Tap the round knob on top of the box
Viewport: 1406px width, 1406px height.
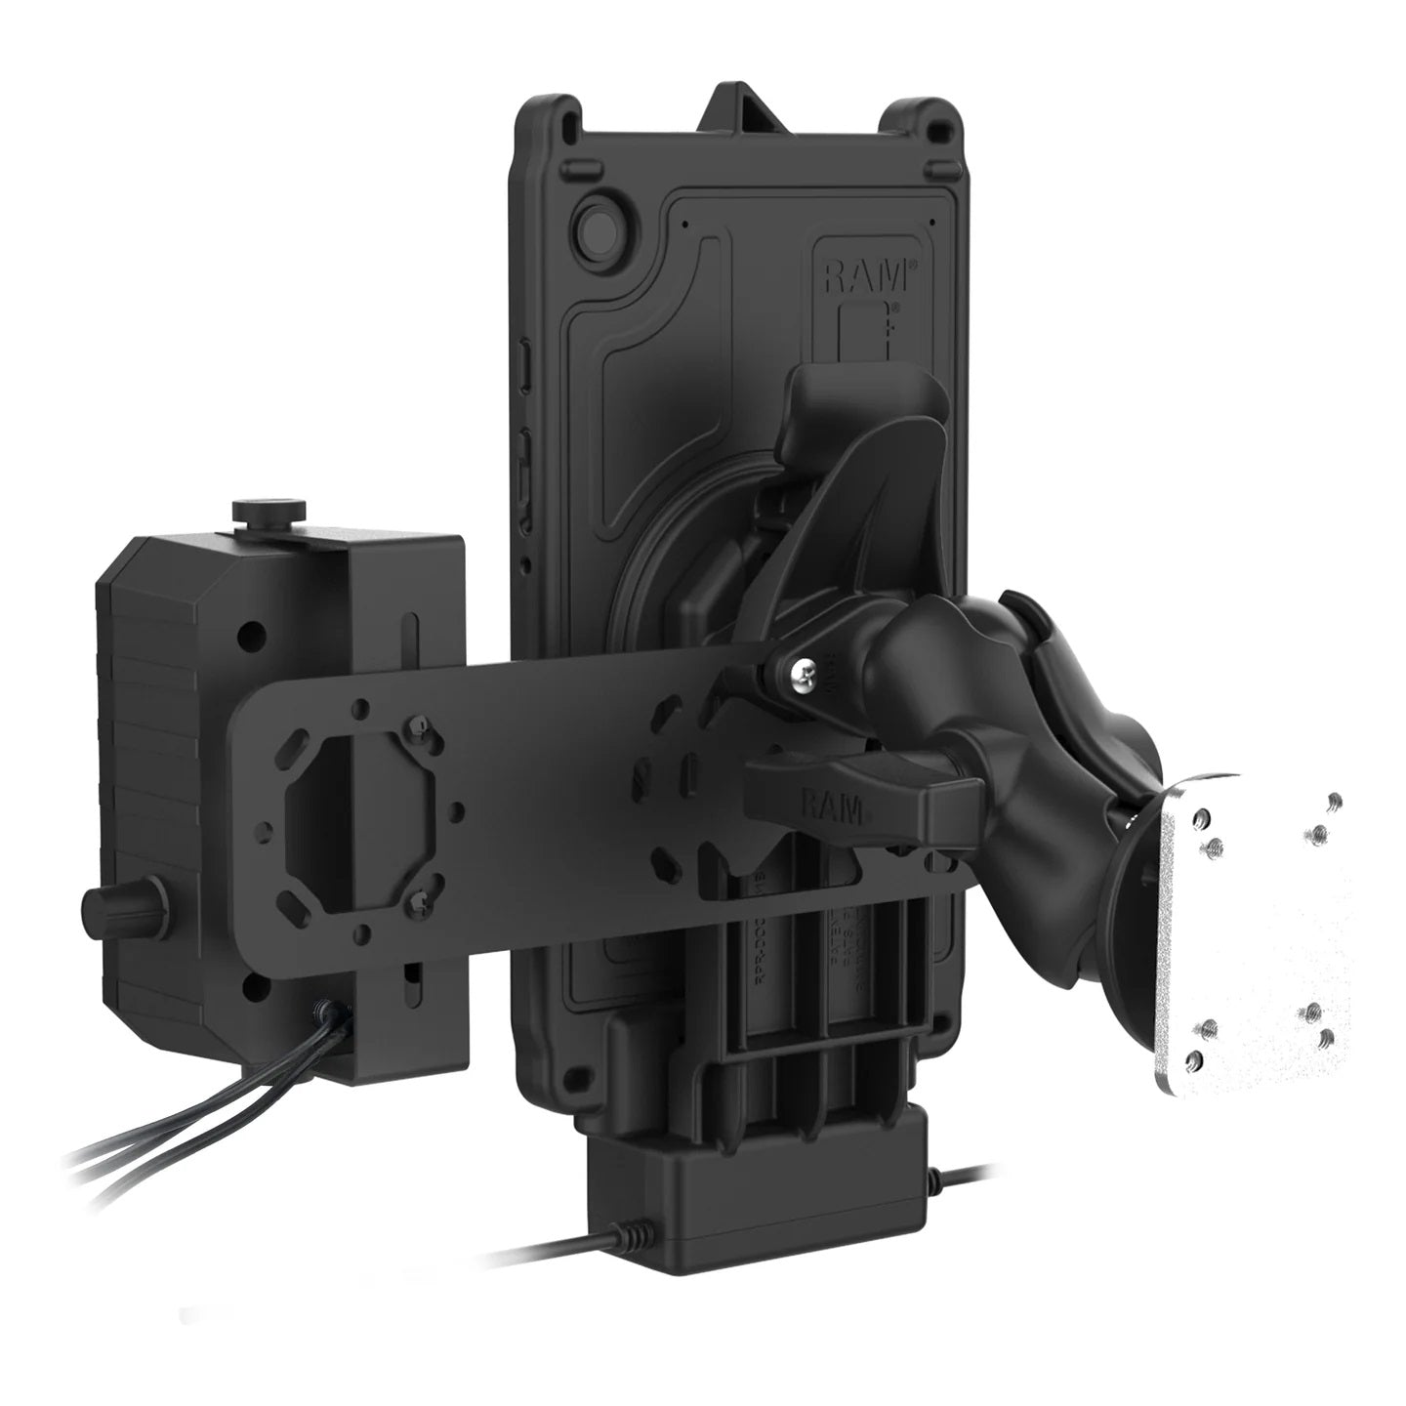click(x=269, y=512)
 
